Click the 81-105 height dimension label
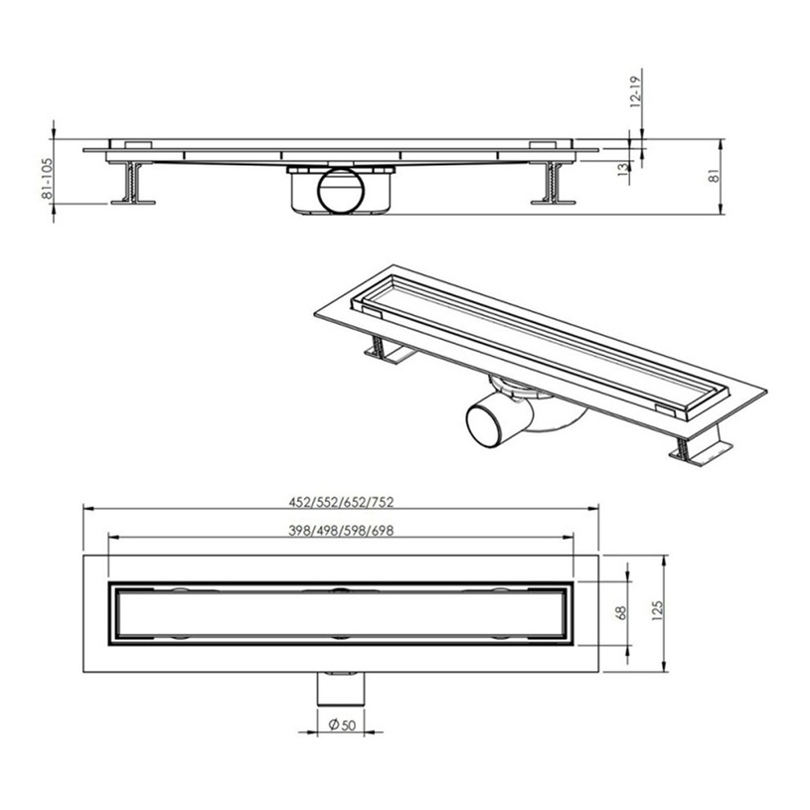[x=47, y=178]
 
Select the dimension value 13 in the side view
[x=623, y=169]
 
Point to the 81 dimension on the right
[x=715, y=176]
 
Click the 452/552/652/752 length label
[x=341, y=502]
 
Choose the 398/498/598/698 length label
[x=341, y=531]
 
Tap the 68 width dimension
[x=621, y=612]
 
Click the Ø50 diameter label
[x=342, y=725]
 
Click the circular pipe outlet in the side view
[x=341, y=190]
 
